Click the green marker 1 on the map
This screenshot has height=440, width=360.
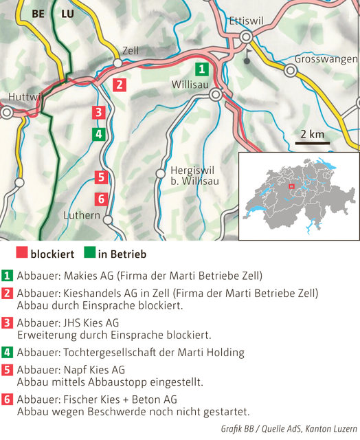click(x=201, y=69)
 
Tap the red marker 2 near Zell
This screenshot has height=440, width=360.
click(x=120, y=85)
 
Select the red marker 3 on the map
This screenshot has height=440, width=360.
click(x=99, y=112)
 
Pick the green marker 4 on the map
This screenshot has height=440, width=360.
click(x=99, y=134)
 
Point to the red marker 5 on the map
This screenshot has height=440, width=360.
click(x=101, y=177)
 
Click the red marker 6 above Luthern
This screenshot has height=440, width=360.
click(x=101, y=199)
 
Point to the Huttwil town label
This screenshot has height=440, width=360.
click(x=25, y=96)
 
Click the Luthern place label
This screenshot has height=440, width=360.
click(x=81, y=215)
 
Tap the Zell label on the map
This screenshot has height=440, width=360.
click(x=130, y=50)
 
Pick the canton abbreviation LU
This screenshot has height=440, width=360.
click(x=67, y=13)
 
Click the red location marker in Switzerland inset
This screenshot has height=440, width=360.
click(x=291, y=186)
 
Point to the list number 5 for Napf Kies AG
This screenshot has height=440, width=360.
click(x=8, y=369)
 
